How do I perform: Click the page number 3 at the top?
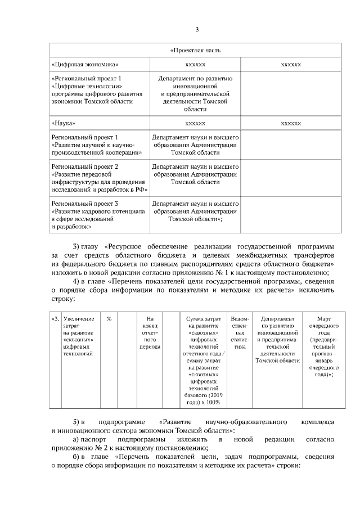coord(196,30)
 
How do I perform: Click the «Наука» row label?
coord(63,123)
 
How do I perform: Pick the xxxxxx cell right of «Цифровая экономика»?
coord(195,65)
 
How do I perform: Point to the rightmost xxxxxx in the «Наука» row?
coord(291,123)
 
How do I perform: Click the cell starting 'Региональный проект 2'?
coord(99,178)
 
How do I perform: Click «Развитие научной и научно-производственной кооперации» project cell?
coord(96,145)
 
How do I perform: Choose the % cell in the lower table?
coord(109,319)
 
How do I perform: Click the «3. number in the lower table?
coord(55,319)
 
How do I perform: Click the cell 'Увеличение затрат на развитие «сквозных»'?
coord(79,336)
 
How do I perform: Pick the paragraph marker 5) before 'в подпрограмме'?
coord(78,437)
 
